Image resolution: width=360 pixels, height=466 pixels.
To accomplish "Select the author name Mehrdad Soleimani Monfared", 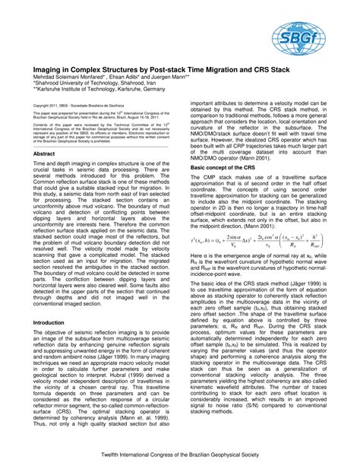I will [x=72, y=74].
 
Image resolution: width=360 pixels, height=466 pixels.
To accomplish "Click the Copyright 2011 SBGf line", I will [x=76, y=105].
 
